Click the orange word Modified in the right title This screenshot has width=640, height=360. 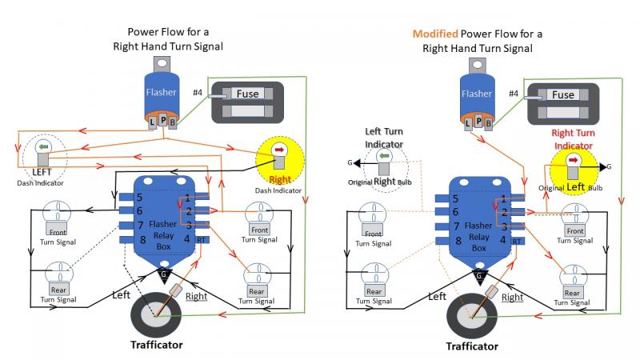tap(435, 34)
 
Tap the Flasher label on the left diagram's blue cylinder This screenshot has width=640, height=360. tap(162, 92)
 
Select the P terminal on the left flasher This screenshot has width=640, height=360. tap(163, 121)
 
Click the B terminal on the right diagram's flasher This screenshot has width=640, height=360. tap(488, 124)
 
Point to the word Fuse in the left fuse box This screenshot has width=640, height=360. tap(247, 94)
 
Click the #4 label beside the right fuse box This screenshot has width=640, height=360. tap(514, 94)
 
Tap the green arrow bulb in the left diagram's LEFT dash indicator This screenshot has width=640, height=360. tap(43, 152)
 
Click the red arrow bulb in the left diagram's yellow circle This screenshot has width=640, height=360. tap(279, 156)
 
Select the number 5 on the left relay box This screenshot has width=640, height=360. tap(139, 198)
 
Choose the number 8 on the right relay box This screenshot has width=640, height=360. tap(458, 242)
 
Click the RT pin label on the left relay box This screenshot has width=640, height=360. tap(202, 240)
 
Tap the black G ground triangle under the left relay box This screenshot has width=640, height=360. tap(164, 275)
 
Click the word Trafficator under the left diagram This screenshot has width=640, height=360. tap(157, 345)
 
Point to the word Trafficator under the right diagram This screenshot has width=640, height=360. tap(472, 346)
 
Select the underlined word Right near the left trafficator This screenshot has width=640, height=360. tap(196, 296)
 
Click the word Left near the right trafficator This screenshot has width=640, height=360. tap(437, 296)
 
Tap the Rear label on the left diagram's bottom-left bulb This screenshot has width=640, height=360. tap(58, 290)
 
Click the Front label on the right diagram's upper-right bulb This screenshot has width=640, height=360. tap(575, 231)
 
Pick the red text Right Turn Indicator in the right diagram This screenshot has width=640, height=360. tap(573, 139)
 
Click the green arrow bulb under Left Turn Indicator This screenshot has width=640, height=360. tap(384, 162)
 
